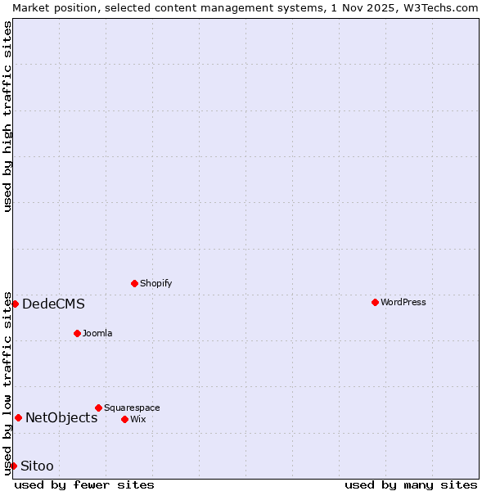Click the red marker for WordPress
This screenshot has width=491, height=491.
pos(375,302)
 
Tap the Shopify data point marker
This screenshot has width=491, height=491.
pos(135,283)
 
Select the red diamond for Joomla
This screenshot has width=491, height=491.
pos(77,333)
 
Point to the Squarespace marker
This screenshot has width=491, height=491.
pos(98,408)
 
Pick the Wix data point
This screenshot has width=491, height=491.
pos(124,419)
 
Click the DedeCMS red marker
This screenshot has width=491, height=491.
pos(15,304)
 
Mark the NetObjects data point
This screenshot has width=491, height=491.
pos(18,417)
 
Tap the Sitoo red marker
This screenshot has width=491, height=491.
pos(13,466)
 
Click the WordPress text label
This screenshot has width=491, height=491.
pos(403,302)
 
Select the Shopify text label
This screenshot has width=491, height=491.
pos(156,283)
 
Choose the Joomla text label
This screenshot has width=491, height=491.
pos(97,333)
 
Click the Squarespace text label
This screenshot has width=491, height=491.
pos(132,408)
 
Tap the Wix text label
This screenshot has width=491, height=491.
pos(138,419)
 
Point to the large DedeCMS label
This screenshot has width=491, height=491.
pos(53,304)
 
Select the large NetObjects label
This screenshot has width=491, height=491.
pos(61,418)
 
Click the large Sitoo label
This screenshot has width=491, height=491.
pos(37,466)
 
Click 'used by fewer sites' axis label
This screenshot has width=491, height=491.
pos(84,484)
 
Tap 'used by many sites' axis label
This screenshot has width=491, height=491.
pos(411,484)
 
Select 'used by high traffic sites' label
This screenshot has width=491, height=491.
pos(7,116)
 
